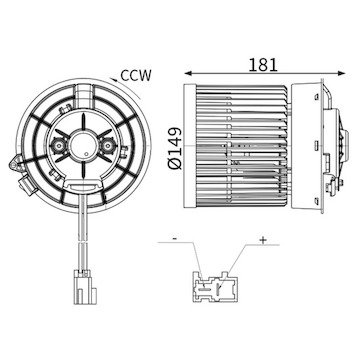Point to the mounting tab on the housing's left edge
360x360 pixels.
pyautogui.click(x=14, y=160)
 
